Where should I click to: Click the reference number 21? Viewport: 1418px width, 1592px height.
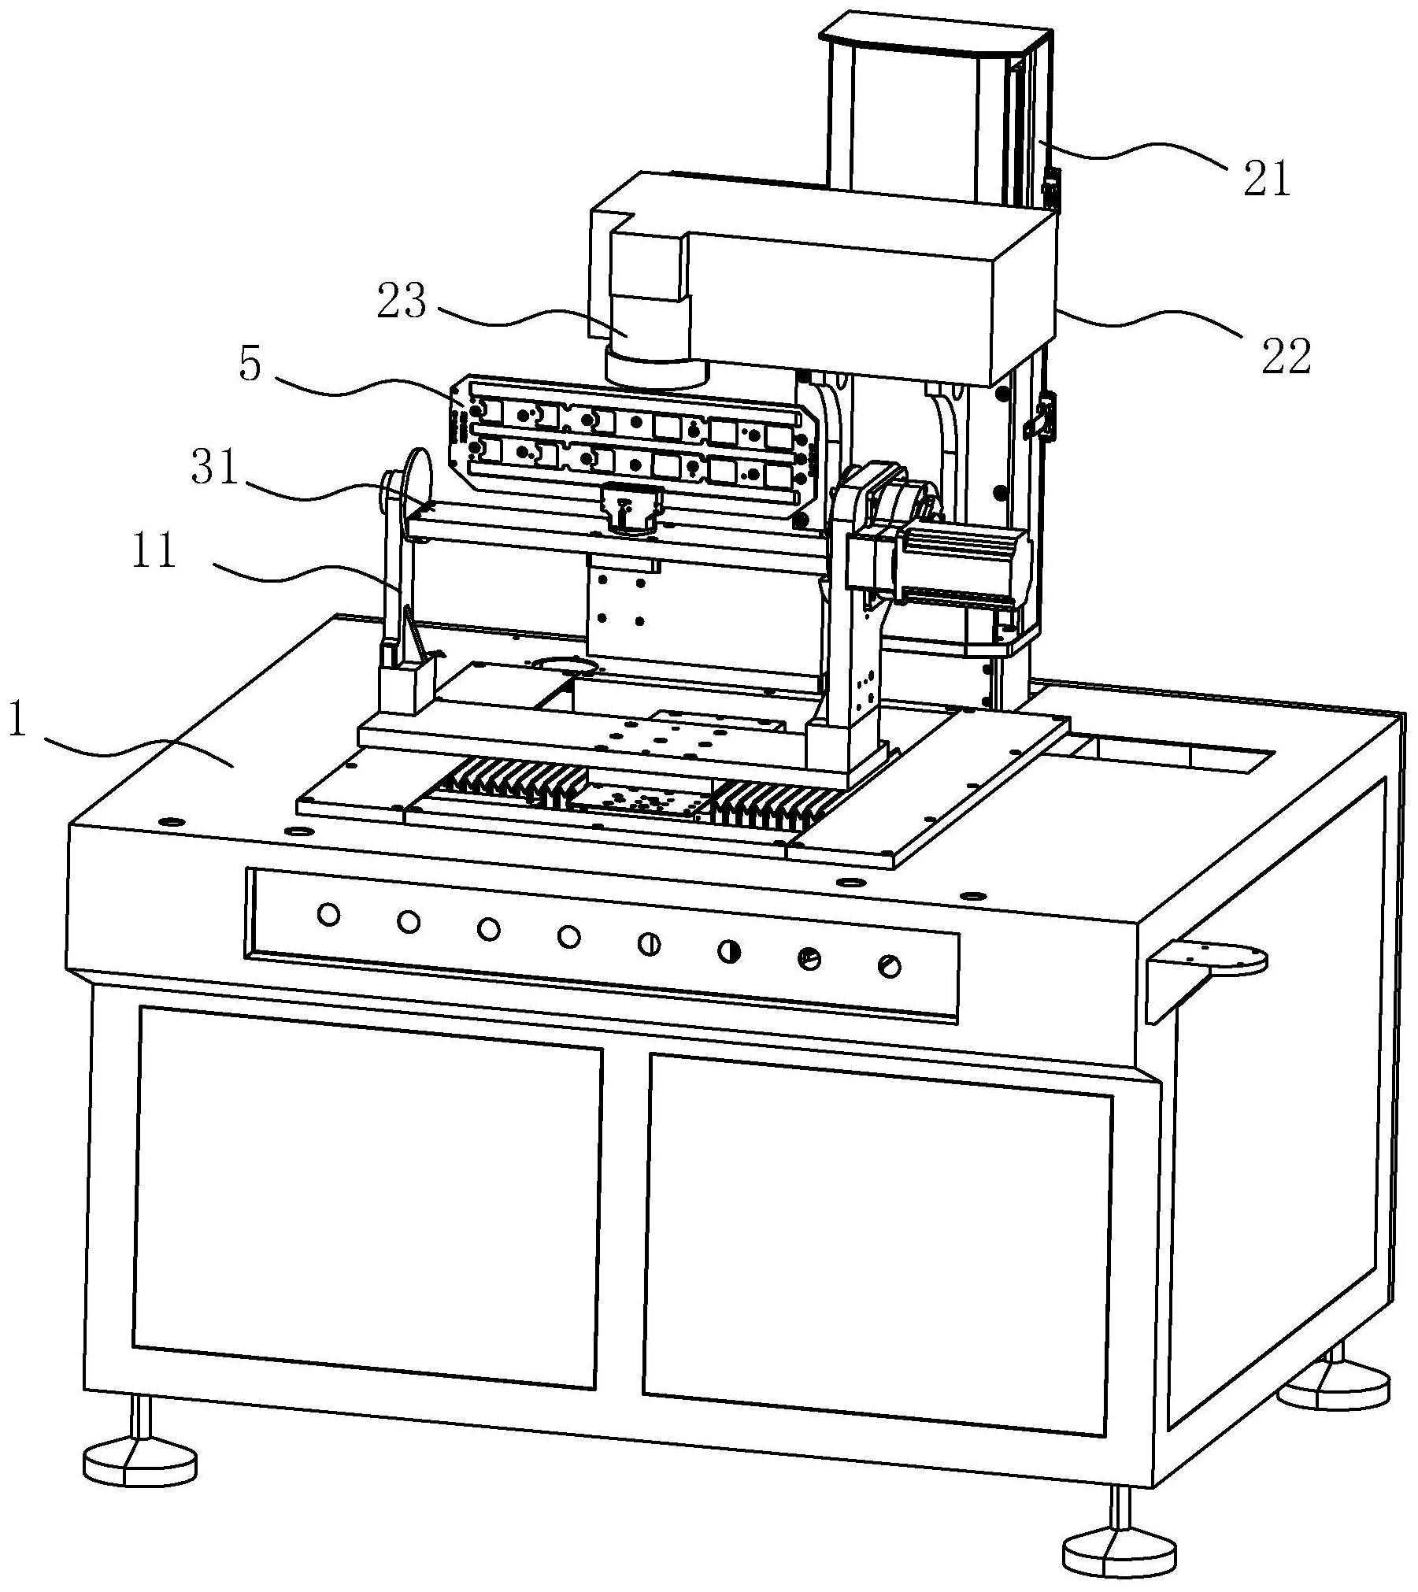[1266, 179]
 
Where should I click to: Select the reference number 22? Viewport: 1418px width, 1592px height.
[1287, 357]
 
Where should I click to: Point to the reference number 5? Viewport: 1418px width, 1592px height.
[250, 365]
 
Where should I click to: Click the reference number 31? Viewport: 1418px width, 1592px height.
[214, 470]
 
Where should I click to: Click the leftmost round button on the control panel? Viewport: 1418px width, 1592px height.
[328, 915]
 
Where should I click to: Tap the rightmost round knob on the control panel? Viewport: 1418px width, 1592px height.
[890, 966]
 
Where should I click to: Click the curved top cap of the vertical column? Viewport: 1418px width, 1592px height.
[929, 43]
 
